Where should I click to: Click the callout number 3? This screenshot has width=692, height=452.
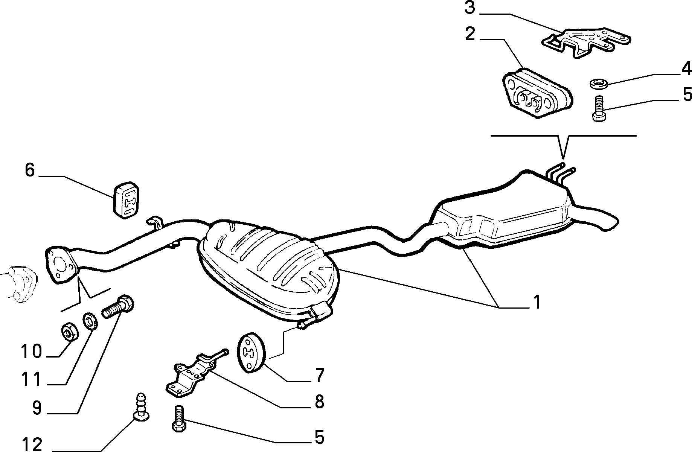[470, 8]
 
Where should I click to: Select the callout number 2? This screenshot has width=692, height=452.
[470, 34]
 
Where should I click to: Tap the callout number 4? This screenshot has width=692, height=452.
[686, 69]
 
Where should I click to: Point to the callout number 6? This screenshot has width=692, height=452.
[30, 170]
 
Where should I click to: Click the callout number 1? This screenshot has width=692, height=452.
[536, 302]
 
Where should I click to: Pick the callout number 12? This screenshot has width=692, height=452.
[32, 444]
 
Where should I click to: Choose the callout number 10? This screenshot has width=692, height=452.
[31, 352]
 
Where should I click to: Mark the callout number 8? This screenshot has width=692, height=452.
[319, 402]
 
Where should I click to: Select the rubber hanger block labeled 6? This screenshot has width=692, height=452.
[126, 200]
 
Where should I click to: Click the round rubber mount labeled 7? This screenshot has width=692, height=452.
[251, 353]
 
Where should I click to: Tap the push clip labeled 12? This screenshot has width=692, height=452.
[141, 406]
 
